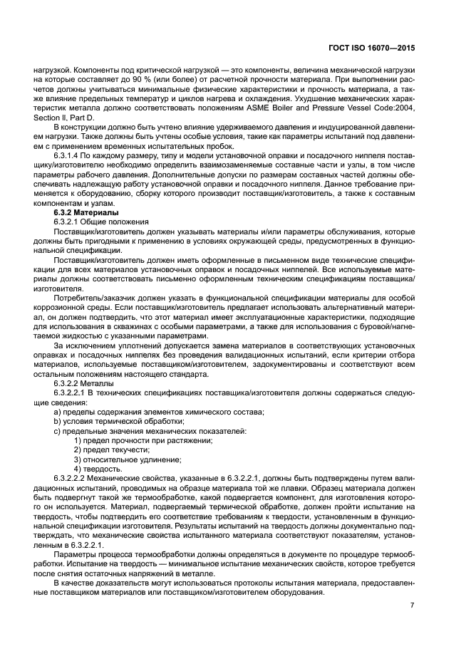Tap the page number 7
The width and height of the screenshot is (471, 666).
pyautogui.click(x=413, y=605)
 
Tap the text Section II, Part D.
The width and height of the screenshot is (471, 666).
pyautogui.click(x=62, y=118)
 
